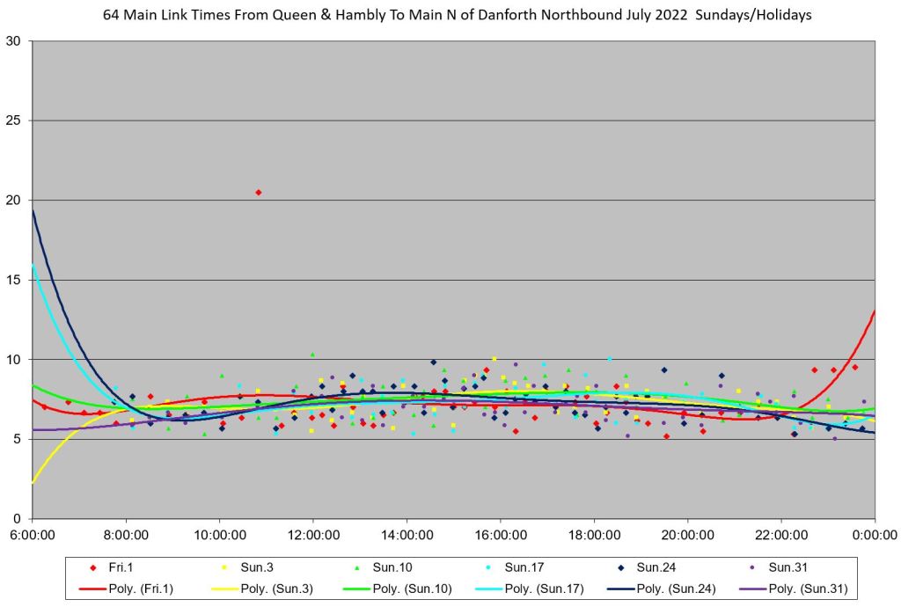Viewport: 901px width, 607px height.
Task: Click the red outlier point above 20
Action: [258, 192]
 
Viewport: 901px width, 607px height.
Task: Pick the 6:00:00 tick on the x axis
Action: [33, 534]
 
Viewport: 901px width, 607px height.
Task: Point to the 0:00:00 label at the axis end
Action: [875, 534]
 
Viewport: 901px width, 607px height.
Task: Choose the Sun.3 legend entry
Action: [248, 567]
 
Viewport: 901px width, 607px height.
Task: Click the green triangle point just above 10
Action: [312, 354]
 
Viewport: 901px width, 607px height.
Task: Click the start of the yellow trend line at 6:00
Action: [33, 482]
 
